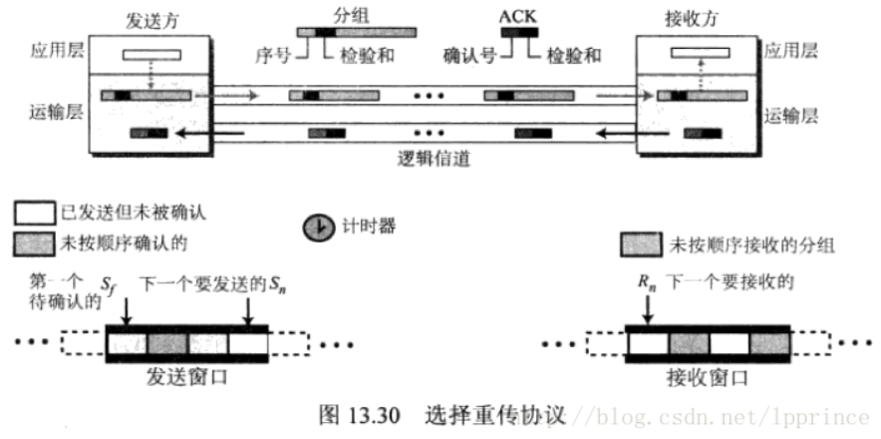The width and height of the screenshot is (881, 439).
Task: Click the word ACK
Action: [517, 16]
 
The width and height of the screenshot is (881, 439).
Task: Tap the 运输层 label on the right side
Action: [791, 116]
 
